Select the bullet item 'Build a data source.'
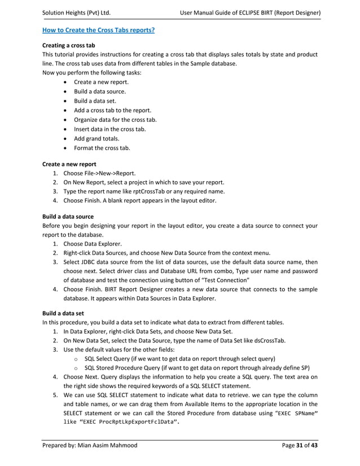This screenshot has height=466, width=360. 100,91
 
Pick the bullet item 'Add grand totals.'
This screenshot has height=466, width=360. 97,139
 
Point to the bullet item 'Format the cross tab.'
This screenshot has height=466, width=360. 102,148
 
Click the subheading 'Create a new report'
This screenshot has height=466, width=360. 69,164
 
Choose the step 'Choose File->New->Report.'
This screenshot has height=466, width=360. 106,174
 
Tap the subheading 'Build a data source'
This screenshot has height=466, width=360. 68,217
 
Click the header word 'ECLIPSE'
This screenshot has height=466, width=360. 258,12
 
